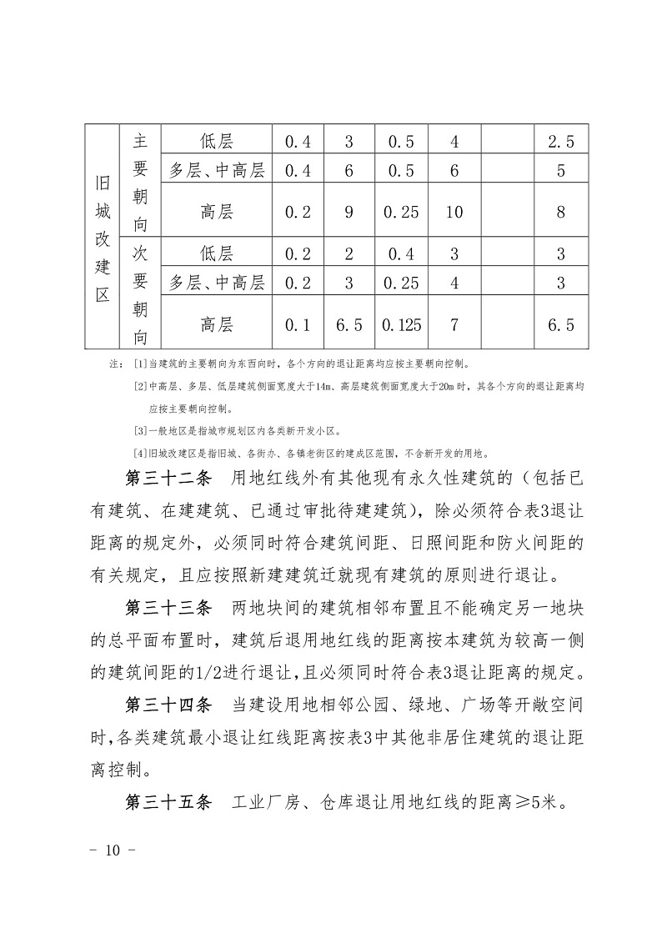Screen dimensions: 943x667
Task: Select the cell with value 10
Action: (454, 212)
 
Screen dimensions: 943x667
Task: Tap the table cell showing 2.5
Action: (561, 142)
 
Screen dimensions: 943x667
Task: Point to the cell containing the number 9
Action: (349, 212)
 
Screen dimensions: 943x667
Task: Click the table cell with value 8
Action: (561, 212)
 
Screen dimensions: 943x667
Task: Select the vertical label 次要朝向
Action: (140, 294)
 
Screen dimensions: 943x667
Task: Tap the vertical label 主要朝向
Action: (140, 183)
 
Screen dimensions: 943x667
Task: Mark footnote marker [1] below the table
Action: (139, 365)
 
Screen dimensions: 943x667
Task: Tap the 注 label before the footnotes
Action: (114, 365)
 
